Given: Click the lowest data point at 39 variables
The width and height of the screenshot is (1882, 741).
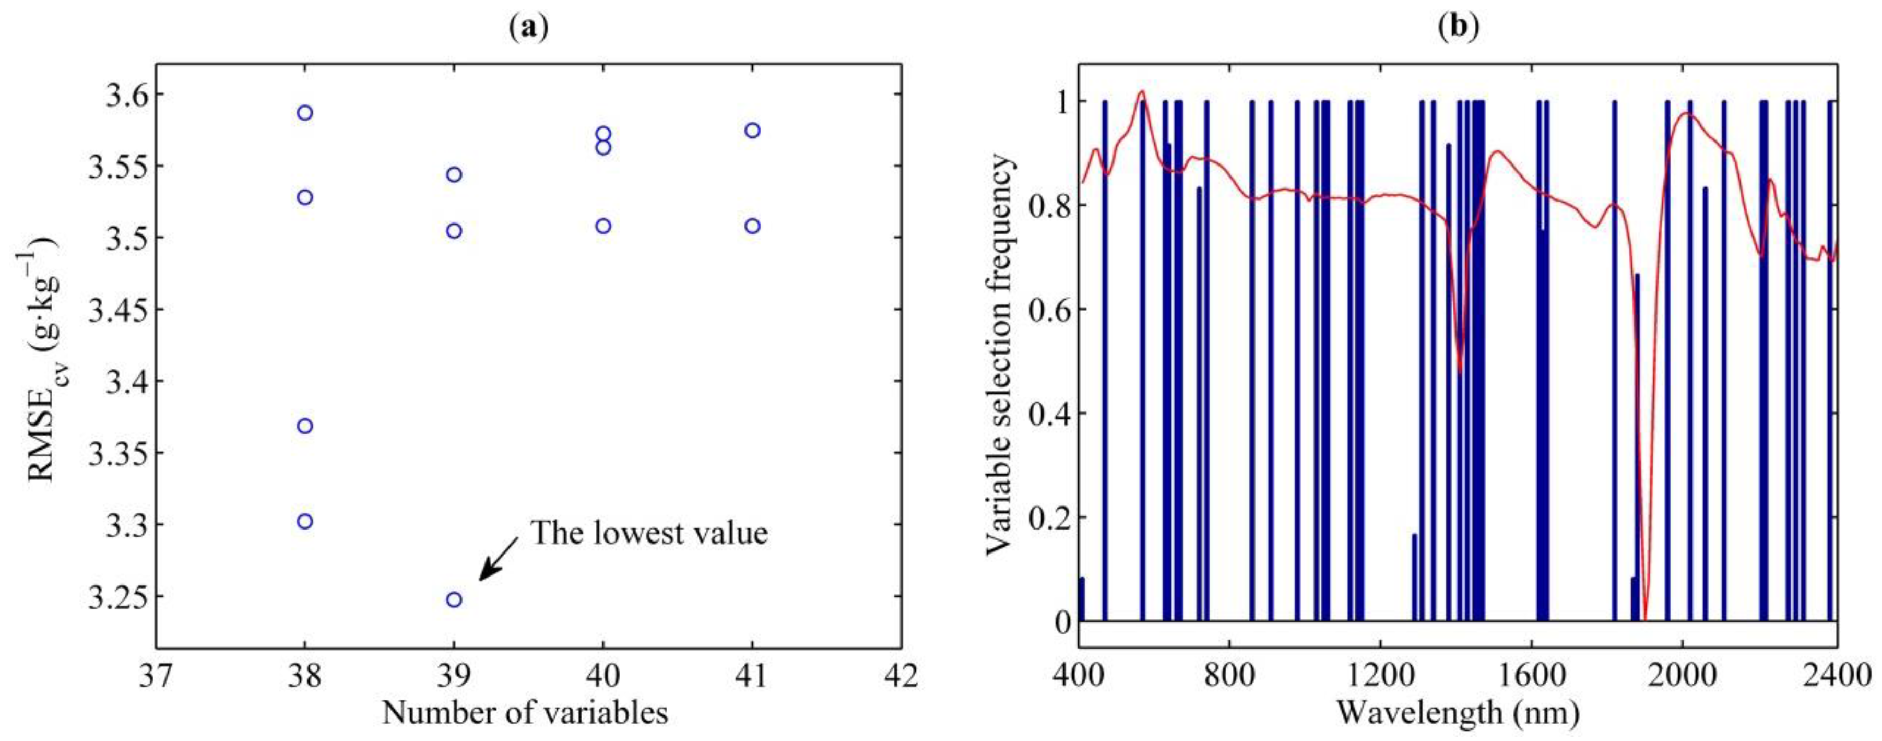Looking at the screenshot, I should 454,599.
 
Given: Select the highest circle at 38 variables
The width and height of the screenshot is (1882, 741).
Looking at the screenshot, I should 305,113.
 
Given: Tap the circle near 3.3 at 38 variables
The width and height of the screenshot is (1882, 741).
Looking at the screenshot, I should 305,521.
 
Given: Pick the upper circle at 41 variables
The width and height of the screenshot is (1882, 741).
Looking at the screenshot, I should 752,130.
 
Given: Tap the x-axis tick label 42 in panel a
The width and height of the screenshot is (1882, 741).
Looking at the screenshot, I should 900,677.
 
